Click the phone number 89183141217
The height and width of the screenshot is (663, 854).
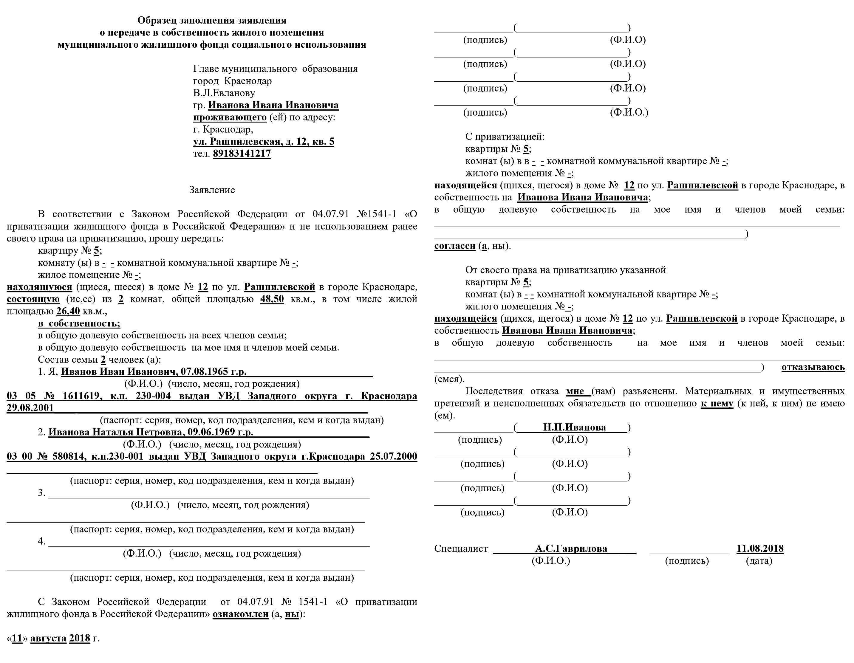242,154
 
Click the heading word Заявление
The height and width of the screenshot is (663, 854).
212,190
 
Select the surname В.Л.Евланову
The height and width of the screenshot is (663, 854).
224,93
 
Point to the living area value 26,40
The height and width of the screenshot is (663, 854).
68,312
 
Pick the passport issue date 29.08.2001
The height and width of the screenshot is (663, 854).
30,408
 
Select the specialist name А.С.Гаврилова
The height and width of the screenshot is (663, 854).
571,549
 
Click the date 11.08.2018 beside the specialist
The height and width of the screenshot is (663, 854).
760,549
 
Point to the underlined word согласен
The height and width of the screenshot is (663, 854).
455,246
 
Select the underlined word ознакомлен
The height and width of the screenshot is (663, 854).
240,614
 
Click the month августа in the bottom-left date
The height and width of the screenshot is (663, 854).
48,639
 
